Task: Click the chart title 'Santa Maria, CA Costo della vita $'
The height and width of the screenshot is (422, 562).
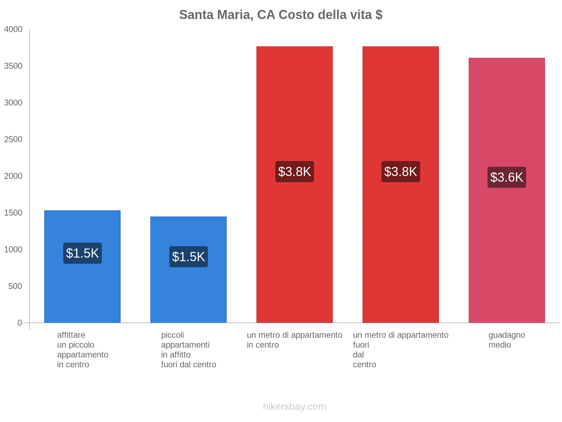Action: coord(281,15)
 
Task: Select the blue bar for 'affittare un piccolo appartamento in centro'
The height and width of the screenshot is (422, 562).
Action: coord(82,288)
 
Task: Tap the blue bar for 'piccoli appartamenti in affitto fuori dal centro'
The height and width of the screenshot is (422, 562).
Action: coord(188,292)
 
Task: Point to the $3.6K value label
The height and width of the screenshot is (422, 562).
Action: coord(507,177)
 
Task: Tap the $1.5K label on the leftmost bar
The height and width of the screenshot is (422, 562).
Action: coord(82,253)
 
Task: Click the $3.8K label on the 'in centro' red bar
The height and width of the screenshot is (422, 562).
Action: coord(294,172)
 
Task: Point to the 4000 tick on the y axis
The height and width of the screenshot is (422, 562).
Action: coord(13,30)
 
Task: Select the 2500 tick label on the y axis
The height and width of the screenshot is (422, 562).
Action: coord(13,140)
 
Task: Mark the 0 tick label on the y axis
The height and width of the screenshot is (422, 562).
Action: coord(20,323)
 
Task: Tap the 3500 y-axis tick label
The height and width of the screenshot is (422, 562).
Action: coord(13,66)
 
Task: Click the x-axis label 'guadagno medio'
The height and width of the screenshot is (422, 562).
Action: coord(507,340)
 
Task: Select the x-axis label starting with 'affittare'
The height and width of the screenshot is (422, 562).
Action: coord(83,350)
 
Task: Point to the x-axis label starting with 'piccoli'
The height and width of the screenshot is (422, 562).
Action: coord(188,350)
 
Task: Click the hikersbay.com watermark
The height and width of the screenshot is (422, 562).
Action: coord(294,407)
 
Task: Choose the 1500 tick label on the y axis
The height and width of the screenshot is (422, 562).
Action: coord(13,213)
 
